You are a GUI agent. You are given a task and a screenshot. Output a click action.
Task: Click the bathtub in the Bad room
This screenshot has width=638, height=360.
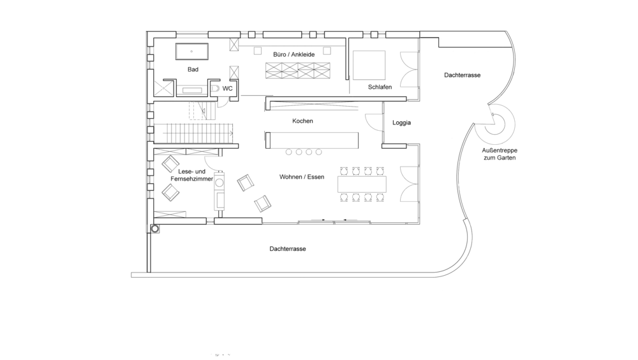(x=191, y=52)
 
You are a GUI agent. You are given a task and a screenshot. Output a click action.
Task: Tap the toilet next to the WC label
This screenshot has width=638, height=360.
(x=215, y=88)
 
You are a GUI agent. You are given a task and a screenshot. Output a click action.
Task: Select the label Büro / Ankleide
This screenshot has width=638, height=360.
(x=293, y=54)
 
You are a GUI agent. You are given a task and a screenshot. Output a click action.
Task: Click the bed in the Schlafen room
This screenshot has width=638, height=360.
(x=369, y=65)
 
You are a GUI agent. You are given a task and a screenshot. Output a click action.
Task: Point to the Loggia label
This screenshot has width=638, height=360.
(x=401, y=123)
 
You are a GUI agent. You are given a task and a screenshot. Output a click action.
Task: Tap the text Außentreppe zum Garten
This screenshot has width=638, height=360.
(x=500, y=154)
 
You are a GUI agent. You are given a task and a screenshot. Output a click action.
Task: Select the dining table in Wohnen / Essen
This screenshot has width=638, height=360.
(x=362, y=184)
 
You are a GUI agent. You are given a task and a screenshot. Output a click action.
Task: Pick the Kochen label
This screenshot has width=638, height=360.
(x=302, y=121)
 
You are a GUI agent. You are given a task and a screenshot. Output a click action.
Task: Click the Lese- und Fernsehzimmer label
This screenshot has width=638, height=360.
(x=191, y=175)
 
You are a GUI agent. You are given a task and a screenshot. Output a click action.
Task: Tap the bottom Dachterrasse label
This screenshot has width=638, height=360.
(x=287, y=249)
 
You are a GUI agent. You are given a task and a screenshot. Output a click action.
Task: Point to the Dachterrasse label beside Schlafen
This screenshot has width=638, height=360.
(x=462, y=75)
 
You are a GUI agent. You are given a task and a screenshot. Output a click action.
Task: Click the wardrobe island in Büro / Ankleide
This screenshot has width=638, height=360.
(x=298, y=70)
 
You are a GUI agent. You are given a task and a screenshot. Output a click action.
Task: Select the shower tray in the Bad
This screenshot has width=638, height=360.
(x=163, y=87)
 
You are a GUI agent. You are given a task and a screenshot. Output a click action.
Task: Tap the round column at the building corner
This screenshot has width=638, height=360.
(x=155, y=229)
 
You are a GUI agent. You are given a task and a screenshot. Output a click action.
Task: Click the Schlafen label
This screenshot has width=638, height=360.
(x=380, y=87)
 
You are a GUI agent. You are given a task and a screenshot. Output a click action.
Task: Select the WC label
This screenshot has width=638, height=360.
(x=228, y=88)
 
